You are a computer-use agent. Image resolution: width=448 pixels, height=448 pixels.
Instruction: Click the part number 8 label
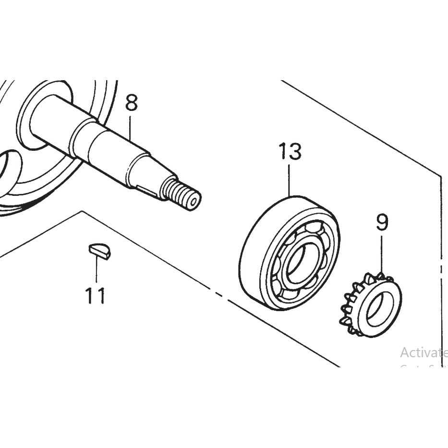click(x=131, y=103)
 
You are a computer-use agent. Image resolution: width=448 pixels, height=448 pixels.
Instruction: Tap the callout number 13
click(x=290, y=152)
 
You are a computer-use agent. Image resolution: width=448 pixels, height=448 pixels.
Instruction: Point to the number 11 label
click(x=95, y=296)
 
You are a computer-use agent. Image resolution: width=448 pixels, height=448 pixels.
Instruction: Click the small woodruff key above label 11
click(x=100, y=251)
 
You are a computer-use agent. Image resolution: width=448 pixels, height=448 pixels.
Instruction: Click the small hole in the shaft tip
click(x=193, y=202)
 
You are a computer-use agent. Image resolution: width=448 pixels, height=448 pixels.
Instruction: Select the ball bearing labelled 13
click(x=289, y=253)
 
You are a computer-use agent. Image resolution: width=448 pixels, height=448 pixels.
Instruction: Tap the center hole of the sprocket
click(x=380, y=307)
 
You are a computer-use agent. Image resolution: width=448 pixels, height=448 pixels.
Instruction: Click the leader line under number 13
click(x=290, y=180)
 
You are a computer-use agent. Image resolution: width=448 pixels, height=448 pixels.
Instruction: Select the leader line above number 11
click(x=97, y=271)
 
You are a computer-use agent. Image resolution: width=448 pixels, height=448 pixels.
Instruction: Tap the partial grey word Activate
click(x=423, y=353)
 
